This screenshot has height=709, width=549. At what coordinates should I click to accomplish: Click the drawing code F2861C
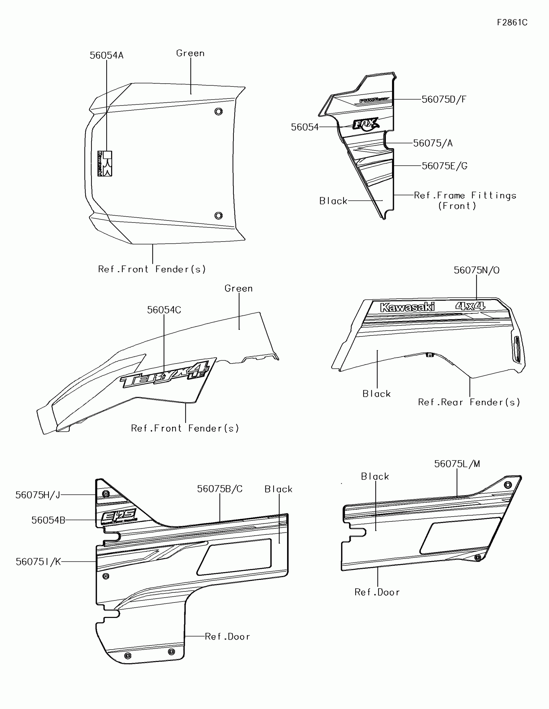[x=512, y=22]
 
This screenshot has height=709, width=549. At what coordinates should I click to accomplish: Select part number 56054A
[x=107, y=56]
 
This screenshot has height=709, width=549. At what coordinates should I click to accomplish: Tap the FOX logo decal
[x=366, y=124]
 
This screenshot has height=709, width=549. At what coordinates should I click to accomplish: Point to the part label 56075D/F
[x=444, y=99]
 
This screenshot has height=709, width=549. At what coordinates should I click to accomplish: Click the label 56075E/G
[x=444, y=166]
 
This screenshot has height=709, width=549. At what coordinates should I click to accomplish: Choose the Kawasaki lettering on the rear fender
[x=407, y=307]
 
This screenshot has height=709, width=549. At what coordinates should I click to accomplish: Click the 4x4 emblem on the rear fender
[x=470, y=306]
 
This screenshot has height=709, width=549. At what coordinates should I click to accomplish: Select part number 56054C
[x=164, y=310]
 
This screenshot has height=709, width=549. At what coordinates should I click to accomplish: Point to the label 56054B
[x=48, y=520]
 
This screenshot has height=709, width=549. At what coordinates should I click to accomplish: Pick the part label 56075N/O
[x=476, y=270]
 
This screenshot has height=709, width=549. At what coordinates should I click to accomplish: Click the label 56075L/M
[x=457, y=464]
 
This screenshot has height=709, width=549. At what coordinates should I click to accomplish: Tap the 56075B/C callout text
[x=220, y=489]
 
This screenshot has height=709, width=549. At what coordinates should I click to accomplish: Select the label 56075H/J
[x=38, y=495]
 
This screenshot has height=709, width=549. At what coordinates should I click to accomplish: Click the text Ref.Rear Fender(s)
[x=469, y=402]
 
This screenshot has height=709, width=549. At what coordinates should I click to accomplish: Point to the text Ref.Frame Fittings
[x=465, y=195]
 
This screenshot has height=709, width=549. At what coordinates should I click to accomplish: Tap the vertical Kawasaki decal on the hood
[x=105, y=164]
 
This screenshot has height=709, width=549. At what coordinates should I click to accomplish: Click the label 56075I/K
[x=38, y=562]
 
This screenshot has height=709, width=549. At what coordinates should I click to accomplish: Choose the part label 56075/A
[x=433, y=143]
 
